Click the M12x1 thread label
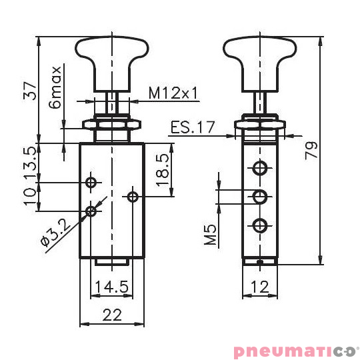173,93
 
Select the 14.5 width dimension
111,287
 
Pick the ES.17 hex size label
191,127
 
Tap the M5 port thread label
211,235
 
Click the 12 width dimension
260,287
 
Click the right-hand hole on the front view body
133,196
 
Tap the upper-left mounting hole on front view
91,182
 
